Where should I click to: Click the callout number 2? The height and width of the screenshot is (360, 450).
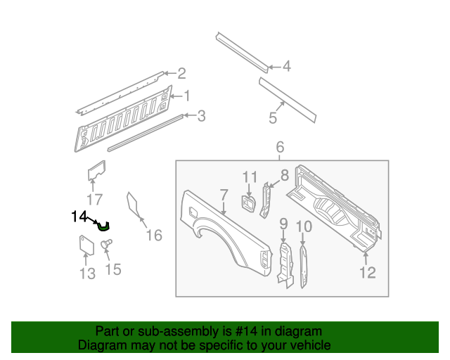[181, 73]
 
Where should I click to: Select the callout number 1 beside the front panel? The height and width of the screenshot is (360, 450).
[187, 96]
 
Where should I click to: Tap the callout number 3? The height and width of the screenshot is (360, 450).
[201, 116]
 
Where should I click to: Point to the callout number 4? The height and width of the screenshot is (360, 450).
[286, 67]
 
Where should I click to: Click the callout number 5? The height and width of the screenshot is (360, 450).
[272, 119]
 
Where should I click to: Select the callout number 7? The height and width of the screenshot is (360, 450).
[224, 195]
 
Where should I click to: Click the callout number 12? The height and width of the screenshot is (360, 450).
[368, 272]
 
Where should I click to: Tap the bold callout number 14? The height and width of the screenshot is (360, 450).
[79, 217]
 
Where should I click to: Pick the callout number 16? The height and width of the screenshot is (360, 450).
[154, 235]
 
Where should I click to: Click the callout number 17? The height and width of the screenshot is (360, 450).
[94, 199]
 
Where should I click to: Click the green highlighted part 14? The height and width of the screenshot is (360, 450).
[104, 226]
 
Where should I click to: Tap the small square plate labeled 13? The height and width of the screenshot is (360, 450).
[85, 245]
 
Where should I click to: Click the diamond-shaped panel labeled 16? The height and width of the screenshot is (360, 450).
[132, 203]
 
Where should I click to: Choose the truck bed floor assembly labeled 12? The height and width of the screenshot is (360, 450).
[337, 207]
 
